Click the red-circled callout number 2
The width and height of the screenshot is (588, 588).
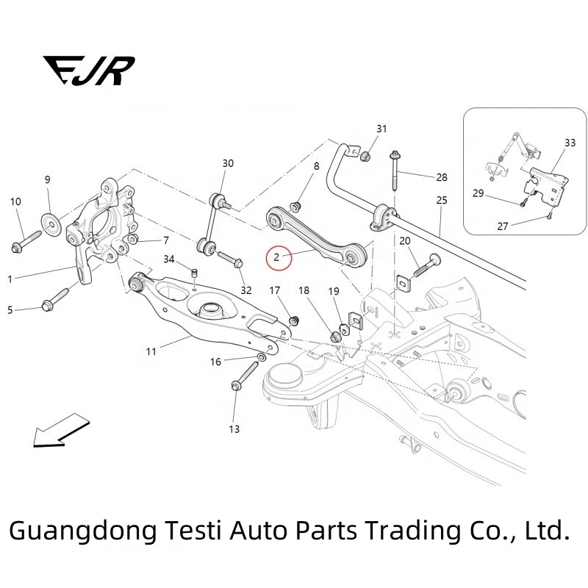276,257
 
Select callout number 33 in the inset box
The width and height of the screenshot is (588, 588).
570,142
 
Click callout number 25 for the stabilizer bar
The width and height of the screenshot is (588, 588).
441,200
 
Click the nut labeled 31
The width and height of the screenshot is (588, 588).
364,155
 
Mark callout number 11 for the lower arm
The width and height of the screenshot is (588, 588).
151,352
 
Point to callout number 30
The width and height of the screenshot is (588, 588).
228,163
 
